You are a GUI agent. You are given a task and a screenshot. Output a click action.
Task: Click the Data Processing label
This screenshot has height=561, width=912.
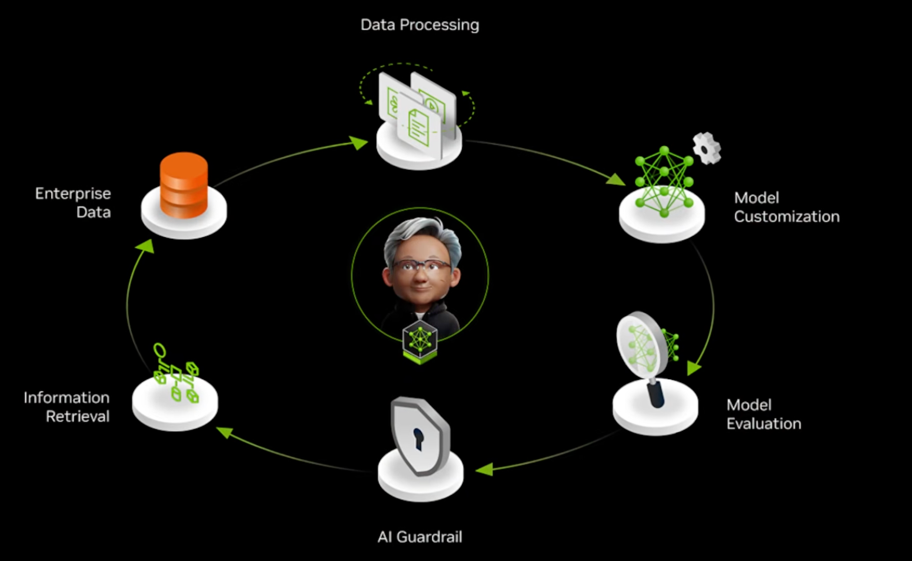click(420, 25)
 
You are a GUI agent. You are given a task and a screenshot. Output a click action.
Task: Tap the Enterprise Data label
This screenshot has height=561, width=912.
click(73, 203)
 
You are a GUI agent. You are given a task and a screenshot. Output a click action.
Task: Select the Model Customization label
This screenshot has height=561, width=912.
click(787, 207)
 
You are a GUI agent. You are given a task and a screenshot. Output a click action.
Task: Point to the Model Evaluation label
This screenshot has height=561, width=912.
click(764, 414)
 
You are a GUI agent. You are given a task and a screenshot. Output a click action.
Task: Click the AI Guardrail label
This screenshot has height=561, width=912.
click(420, 537)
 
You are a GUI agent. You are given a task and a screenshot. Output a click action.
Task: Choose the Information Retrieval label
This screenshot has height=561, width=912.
click(66, 407)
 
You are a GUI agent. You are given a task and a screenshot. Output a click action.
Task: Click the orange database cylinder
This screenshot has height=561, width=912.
click(184, 185)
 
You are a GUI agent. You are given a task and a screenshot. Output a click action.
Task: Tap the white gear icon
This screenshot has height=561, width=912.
click(707, 149)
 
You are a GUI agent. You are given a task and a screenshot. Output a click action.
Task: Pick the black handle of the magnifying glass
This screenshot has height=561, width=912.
click(655, 393)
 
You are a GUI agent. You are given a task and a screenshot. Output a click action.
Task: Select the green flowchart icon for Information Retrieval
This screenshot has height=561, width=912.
click(176, 373)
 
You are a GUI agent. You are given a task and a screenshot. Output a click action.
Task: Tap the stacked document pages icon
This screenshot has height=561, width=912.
click(417, 114)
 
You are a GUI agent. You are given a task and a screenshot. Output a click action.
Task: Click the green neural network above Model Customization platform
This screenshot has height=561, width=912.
click(664, 182)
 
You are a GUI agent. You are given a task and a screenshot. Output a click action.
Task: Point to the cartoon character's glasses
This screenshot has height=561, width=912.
click(421, 267)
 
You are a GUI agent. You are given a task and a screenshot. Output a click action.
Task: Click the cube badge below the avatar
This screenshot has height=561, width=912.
click(420, 341)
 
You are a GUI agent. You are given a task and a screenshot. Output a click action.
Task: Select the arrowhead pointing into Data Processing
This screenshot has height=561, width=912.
click(359, 143)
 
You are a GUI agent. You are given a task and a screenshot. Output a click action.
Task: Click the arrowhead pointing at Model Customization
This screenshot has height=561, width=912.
click(615, 179)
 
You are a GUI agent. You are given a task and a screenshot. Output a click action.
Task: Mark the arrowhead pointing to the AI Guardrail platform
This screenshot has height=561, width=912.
click(484, 469)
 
